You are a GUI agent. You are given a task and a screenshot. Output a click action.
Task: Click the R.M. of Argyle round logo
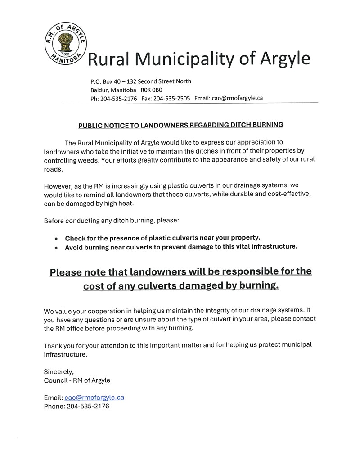pos(66,44)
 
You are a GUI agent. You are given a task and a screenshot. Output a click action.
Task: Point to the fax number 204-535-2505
pos(172,98)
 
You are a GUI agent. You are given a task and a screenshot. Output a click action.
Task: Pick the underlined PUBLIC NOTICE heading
pos(181,125)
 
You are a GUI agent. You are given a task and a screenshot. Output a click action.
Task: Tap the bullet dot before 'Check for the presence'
pos(56,238)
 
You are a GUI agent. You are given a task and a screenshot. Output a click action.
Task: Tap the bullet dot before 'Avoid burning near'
pos(56,247)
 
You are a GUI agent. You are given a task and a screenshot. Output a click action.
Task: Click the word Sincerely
pos(58,372)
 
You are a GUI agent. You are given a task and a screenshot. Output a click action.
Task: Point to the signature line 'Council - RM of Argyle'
pos(77,380)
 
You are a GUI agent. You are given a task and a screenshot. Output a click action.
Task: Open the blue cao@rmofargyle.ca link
pos(94,398)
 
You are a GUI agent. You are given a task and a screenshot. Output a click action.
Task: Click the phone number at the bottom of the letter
pos(88,406)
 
